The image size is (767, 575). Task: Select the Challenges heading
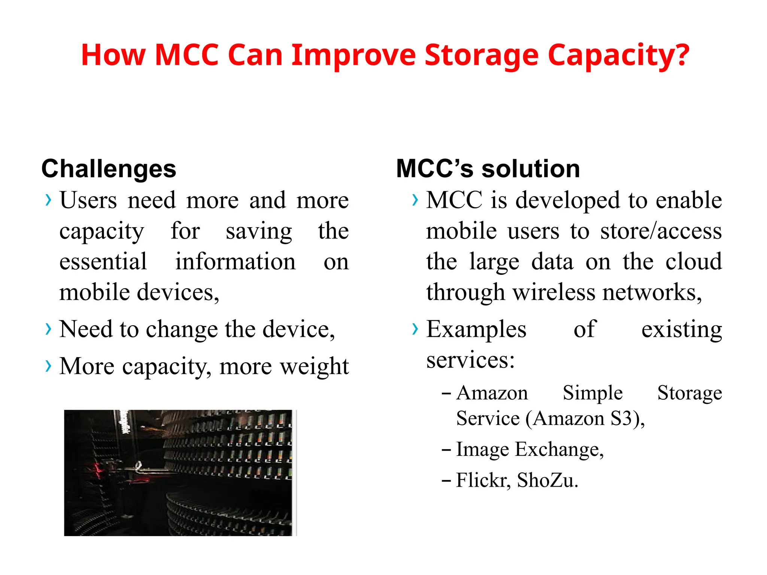point(109,169)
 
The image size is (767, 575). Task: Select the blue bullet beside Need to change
point(48,329)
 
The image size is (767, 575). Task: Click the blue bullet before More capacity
point(48,366)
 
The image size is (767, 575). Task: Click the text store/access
point(661,231)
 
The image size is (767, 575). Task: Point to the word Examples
point(476,329)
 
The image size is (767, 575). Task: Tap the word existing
point(682,329)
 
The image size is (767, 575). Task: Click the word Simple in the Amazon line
point(592,393)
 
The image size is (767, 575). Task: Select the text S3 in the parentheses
point(621,418)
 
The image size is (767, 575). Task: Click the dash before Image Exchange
point(446,449)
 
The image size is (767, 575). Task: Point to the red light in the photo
point(98,469)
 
